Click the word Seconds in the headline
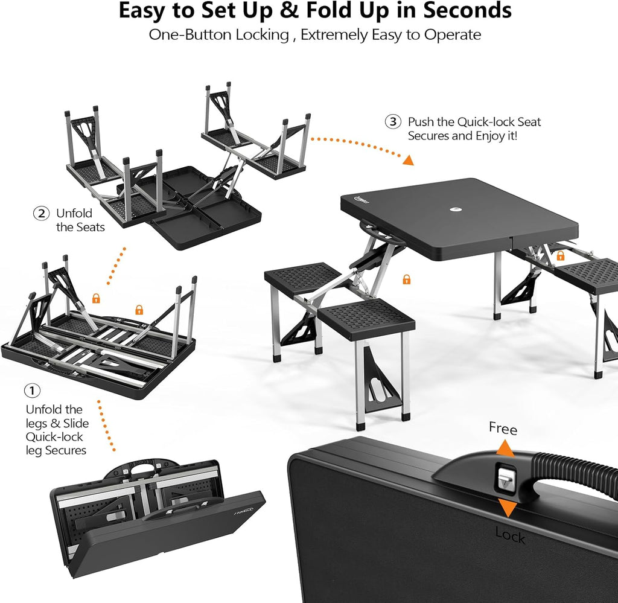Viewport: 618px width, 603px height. [x=467, y=11]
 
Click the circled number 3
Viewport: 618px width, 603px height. [x=393, y=121]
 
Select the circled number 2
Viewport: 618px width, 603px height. [x=41, y=214]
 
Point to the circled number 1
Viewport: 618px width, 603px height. [x=33, y=391]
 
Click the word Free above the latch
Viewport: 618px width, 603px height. [x=503, y=429]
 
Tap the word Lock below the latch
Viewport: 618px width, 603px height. [x=510, y=535]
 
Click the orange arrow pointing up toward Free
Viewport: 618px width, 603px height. [x=505, y=448]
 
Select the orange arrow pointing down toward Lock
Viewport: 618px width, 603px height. [x=508, y=508]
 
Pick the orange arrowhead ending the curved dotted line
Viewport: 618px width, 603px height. [x=409, y=160]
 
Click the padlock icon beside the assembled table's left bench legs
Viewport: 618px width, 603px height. [x=407, y=279]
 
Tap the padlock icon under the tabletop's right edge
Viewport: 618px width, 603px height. [x=561, y=256]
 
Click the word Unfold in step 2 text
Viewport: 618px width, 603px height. [x=74, y=213]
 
